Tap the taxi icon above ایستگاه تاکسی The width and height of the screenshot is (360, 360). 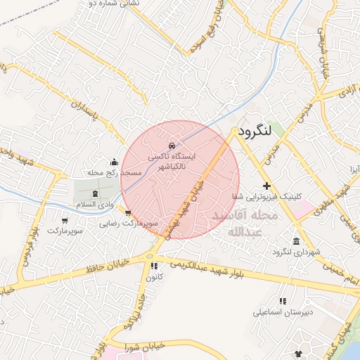point(173,146)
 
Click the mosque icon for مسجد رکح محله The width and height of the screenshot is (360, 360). point(115,162)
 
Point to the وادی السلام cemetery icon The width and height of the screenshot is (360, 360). point(96,193)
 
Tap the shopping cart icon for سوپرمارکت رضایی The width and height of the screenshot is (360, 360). point(127,212)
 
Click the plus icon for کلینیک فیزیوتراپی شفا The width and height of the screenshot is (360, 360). point(266,186)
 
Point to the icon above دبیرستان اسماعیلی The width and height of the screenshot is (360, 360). point(283,301)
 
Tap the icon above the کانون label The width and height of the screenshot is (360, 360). point(153,266)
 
